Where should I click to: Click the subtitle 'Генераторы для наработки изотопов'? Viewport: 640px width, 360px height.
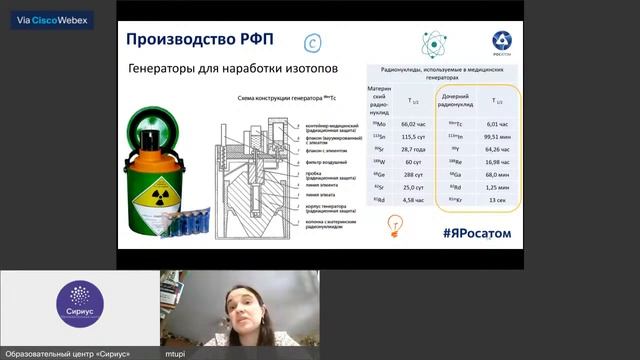click(x=233, y=71)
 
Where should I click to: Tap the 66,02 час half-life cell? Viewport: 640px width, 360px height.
click(x=412, y=123)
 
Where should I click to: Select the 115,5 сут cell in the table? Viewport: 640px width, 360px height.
click(x=412, y=136)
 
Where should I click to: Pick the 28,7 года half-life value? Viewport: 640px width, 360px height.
click(x=412, y=148)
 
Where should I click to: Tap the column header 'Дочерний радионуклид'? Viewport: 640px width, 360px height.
click(x=457, y=101)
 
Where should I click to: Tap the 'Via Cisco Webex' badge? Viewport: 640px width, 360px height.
click(x=47, y=19)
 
